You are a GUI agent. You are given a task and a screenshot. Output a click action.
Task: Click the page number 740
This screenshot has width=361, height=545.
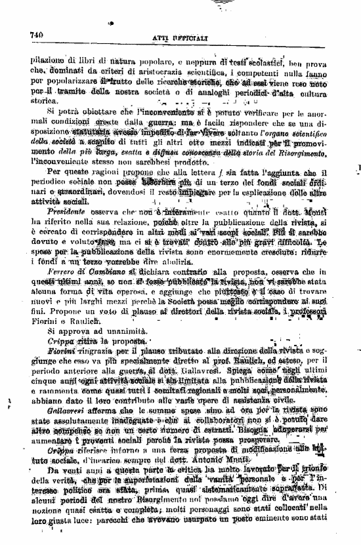(37, 35)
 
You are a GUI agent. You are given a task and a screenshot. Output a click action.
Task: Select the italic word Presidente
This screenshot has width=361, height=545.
(66, 213)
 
